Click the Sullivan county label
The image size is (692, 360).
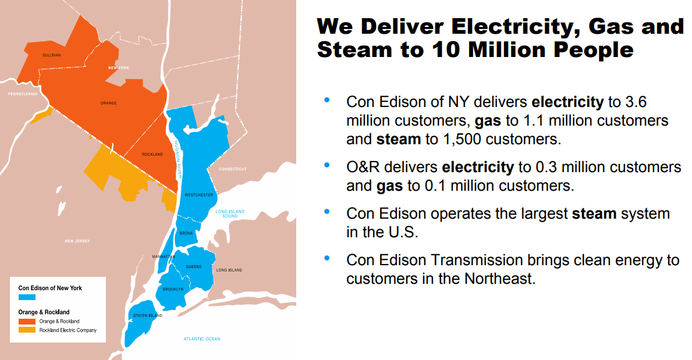(52, 55)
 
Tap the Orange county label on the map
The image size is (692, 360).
(108, 103)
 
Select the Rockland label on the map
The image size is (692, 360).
(152, 155)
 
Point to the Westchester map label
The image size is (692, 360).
(198, 195)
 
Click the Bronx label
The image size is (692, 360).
(186, 233)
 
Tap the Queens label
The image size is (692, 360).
(194, 267)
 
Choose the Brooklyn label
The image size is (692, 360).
(173, 289)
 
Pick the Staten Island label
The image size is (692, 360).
(148, 316)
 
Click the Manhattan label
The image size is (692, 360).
(163, 256)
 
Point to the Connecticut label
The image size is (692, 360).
(232, 169)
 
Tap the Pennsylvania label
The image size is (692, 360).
(22, 94)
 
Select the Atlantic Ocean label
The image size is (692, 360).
(202, 339)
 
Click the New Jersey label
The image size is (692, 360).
(77, 241)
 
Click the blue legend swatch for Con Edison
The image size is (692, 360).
(27, 297)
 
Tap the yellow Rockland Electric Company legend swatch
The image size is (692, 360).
(27, 330)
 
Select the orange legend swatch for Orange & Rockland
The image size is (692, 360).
(27, 321)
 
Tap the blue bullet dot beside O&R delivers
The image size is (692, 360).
(327, 165)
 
